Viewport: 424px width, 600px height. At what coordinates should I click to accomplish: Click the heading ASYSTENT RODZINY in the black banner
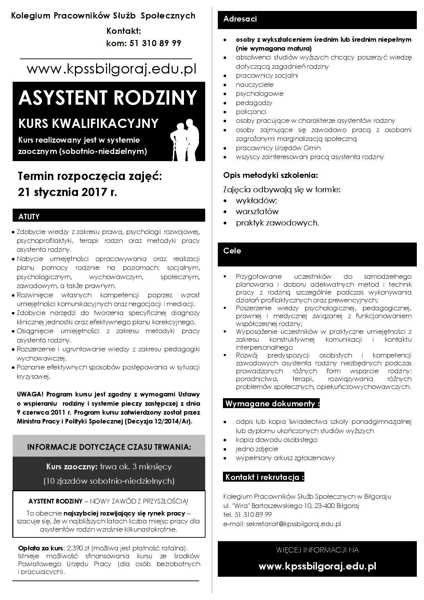tap(108, 98)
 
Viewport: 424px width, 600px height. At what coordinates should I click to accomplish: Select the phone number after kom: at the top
tap(155, 43)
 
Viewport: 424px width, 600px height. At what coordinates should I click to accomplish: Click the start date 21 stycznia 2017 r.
tap(67, 192)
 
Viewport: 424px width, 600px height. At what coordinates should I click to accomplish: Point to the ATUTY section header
tap(29, 217)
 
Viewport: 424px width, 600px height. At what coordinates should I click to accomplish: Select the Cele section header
tap(232, 251)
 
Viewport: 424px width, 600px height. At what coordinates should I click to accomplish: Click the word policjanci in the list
tap(251, 112)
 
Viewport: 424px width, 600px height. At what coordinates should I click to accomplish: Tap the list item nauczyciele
tap(254, 85)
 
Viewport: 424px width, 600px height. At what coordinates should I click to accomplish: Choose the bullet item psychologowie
tap(260, 94)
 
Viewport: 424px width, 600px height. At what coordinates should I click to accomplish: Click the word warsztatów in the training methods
tap(257, 211)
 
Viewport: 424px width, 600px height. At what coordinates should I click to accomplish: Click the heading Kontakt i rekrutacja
tap(264, 477)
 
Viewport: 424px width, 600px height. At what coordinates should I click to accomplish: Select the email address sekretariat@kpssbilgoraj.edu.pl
tap(293, 524)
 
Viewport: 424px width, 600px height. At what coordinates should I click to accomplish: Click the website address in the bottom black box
tap(317, 566)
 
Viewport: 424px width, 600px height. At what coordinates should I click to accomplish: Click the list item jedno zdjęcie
tap(257, 449)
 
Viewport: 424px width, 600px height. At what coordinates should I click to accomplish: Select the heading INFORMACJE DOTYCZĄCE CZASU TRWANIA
tap(109, 447)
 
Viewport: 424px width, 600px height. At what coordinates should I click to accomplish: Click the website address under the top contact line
tap(111, 69)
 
